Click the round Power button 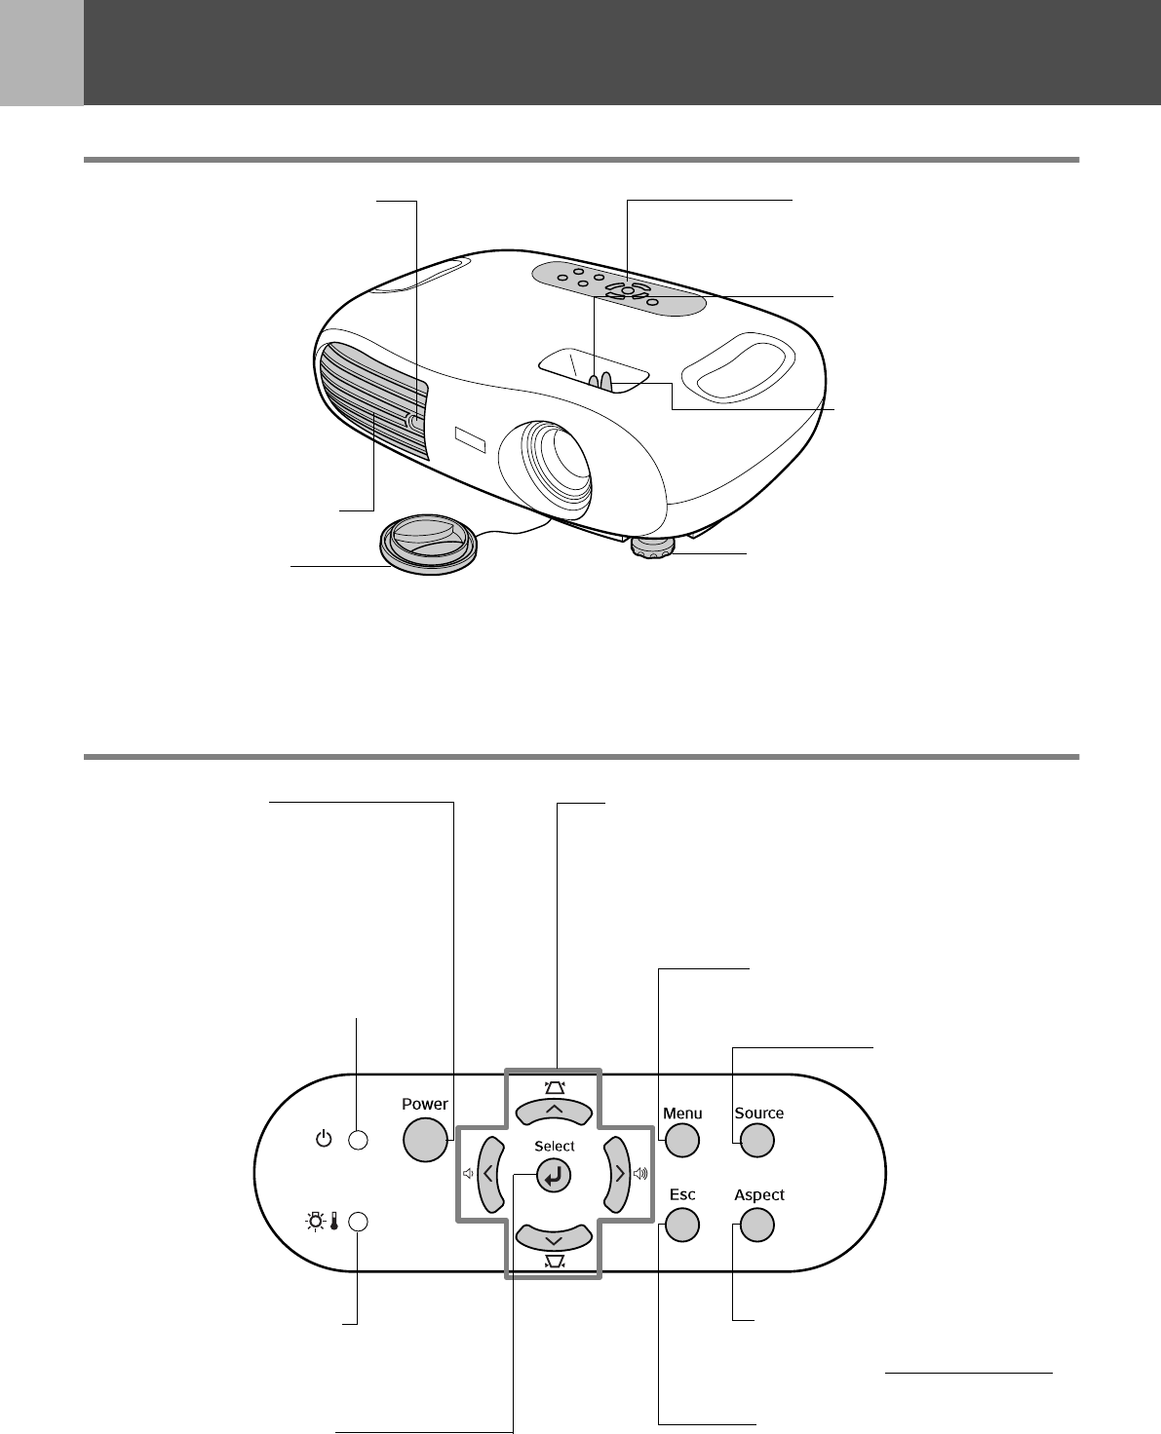(424, 1139)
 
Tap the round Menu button (682, 1140)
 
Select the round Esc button (682, 1225)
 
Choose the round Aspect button (757, 1225)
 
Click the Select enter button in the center (554, 1177)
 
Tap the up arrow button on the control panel (554, 1111)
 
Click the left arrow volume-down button (489, 1174)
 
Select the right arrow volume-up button (618, 1174)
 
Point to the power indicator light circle (359, 1140)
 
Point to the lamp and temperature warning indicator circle (359, 1222)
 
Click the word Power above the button (425, 1104)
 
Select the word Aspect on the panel (759, 1195)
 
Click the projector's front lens (555, 468)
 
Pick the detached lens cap (429, 546)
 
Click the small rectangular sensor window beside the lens (469, 438)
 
